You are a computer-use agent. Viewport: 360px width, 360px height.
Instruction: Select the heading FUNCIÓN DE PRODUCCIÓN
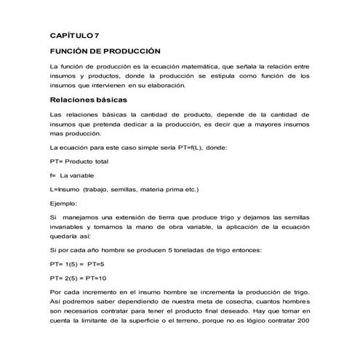[x=104, y=52]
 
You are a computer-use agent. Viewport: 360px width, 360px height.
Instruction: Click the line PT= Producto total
[x=79, y=161]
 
